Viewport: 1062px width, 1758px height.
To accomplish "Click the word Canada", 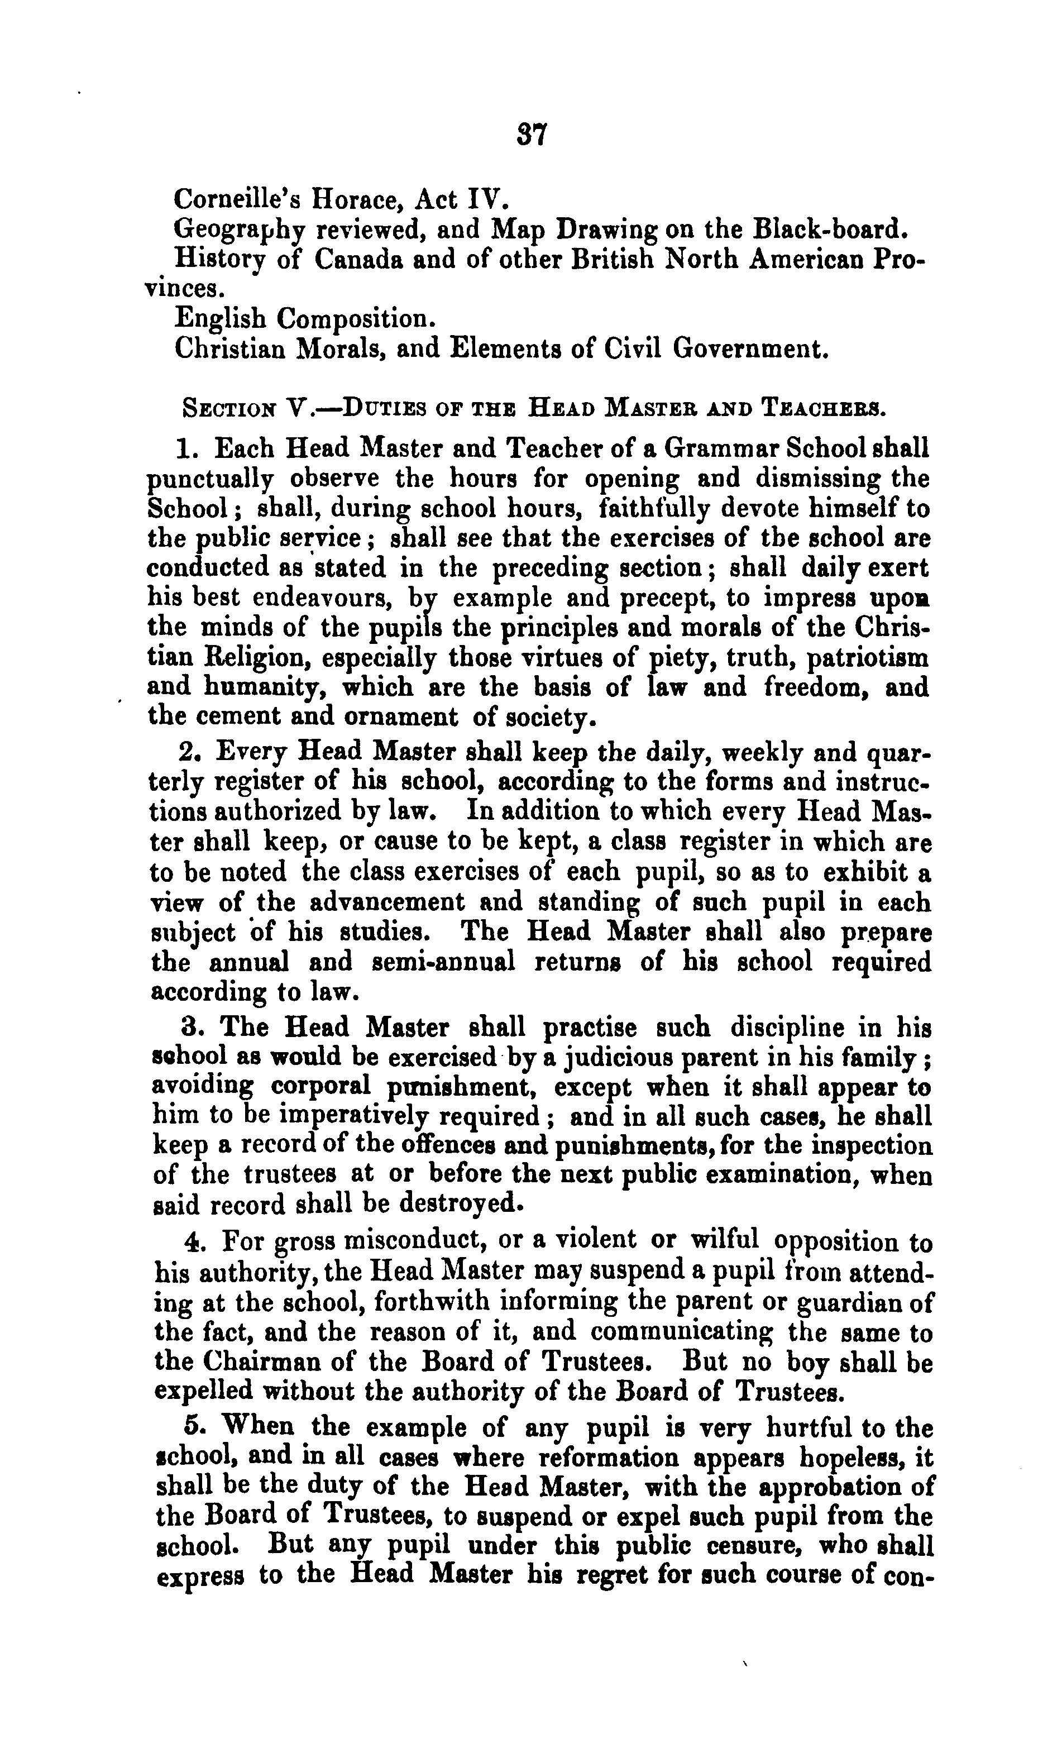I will tap(359, 259).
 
